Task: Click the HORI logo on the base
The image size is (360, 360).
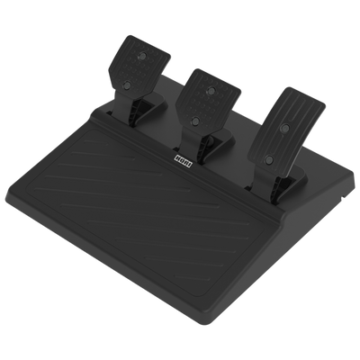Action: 184,159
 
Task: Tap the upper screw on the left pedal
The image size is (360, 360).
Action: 142,56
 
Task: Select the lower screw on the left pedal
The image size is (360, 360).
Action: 127,85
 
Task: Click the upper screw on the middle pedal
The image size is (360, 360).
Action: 211,89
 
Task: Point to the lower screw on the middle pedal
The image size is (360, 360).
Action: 195,121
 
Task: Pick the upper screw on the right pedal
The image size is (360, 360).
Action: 285,129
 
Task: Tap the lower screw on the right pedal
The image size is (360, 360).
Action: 269,159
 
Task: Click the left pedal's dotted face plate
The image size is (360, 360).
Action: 139,67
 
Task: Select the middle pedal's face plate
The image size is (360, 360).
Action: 208,101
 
